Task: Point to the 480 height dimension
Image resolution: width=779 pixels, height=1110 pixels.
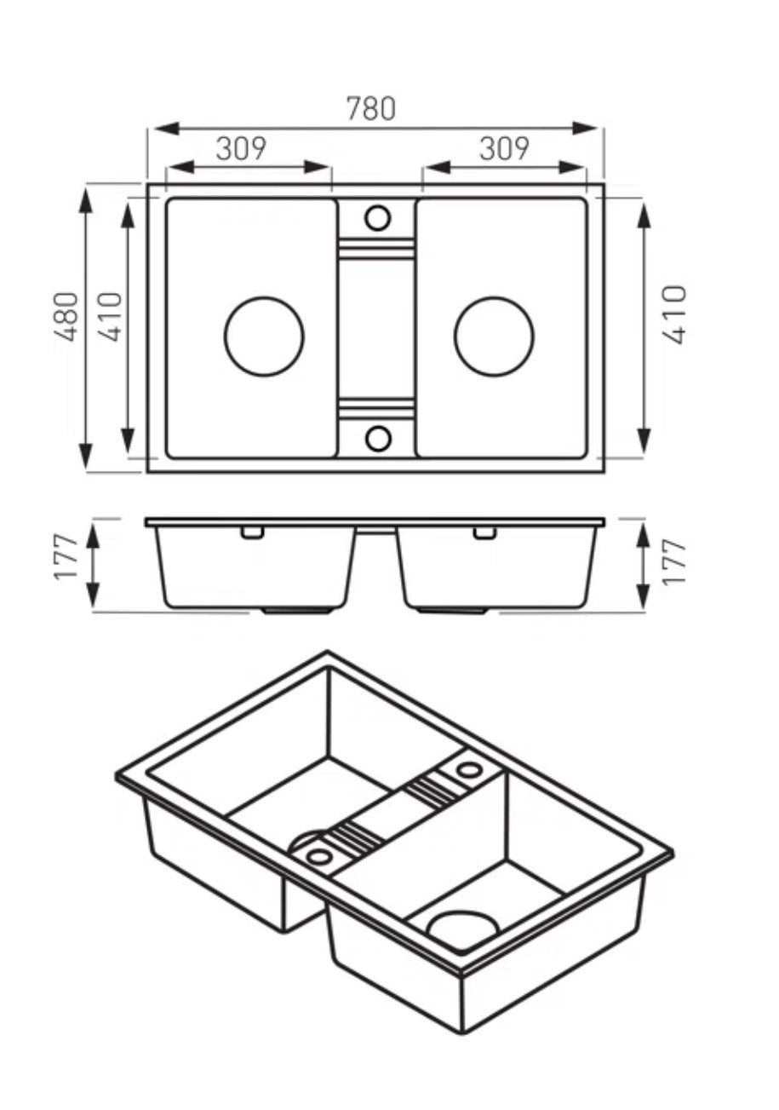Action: click(67, 317)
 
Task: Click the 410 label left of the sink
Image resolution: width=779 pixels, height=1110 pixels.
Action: click(110, 317)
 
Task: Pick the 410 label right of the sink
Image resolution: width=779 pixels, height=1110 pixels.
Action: click(674, 314)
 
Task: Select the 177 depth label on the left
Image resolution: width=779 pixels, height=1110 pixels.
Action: click(66, 557)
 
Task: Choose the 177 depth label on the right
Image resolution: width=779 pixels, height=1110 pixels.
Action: click(674, 562)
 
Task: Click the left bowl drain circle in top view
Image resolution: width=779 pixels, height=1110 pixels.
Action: click(264, 336)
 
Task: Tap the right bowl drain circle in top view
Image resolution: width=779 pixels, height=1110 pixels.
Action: click(495, 336)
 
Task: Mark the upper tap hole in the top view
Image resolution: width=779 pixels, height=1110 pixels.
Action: click(377, 217)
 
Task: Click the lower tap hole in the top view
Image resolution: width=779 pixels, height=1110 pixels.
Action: click(378, 438)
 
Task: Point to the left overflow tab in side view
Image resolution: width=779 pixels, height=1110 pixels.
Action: click(253, 532)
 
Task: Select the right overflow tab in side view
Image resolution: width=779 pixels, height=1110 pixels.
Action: click(484, 532)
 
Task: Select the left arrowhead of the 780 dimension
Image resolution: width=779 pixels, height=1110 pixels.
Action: click(168, 128)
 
